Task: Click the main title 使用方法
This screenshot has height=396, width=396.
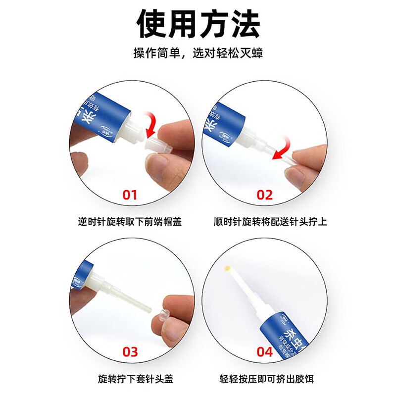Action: click(198, 24)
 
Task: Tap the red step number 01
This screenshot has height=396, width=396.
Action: click(130, 195)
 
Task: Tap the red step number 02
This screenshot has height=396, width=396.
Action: click(265, 195)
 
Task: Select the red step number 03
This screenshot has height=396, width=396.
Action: click(130, 352)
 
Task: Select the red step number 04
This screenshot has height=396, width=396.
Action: click(265, 352)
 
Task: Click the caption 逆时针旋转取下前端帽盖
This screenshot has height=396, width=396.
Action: click(130, 222)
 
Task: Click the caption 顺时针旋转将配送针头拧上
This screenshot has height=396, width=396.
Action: click(266, 222)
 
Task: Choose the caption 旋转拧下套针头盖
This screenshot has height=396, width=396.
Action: click(130, 380)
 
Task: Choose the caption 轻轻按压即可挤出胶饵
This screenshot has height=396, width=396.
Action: click(266, 380)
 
